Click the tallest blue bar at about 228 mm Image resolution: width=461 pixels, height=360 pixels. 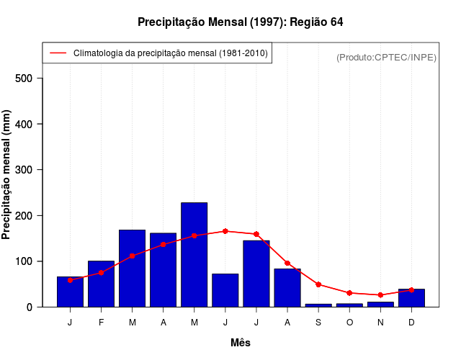pyautogui.click(x=194, y=255)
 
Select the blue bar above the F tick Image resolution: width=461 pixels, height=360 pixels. pyautogui.click(x=101, y=284)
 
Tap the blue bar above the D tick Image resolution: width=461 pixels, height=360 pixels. pyautogui.click(x=411, y=298)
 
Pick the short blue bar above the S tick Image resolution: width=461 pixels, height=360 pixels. pyautogui.click(x=318, y=305)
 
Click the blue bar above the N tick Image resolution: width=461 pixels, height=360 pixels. pyautogui.click(x=380, y=304)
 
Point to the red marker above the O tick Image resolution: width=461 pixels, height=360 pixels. pyautogui.click(x=349, y=293)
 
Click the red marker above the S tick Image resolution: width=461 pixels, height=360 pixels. pyautogui.click(x=318, y=284)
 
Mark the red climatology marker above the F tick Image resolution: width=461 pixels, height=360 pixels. pyautogui.click(x=101, y=273)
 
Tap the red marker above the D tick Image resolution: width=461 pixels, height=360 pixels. pyautogui.click(x=411, y=289)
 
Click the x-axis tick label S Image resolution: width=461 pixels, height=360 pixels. pyautogui.click(x=318, y=322)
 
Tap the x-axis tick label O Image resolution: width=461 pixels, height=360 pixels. pyautogui.click(x=349, y=322)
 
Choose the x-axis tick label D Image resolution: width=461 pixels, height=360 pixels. pyautogui.click(x=411, y=322)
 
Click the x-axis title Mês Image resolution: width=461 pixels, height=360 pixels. pyautogui.click(x=241, y=343)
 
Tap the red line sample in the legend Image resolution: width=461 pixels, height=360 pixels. pyautogui.click(x=58, y=53)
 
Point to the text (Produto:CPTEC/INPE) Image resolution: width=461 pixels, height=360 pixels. pyautogui.click(x=386, y=57)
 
